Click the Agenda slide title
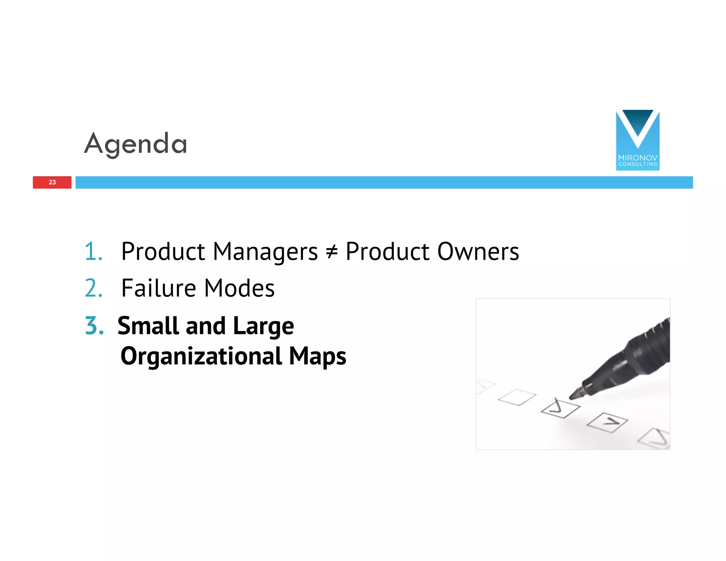point(135,144)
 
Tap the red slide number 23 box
point(52,182)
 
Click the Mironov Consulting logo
point(637,140)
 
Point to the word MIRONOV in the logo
point(637,158)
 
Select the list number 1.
point(93,251)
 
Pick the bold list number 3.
point(94,326)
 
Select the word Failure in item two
point(158,288)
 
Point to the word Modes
point(239,288)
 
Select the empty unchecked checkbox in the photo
point(517,397)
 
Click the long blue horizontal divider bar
point(384,182)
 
